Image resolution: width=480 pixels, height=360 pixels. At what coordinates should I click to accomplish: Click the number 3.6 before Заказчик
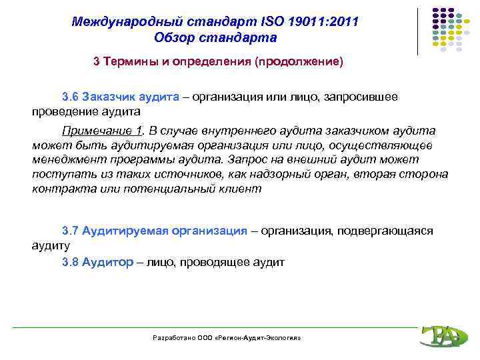[70, 97]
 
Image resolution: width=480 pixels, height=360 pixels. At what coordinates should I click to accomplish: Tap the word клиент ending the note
[245, 189]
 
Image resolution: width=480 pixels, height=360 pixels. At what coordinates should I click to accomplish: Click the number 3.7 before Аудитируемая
[70, 231]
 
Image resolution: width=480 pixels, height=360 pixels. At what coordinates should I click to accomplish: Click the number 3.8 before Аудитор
[70, 262]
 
